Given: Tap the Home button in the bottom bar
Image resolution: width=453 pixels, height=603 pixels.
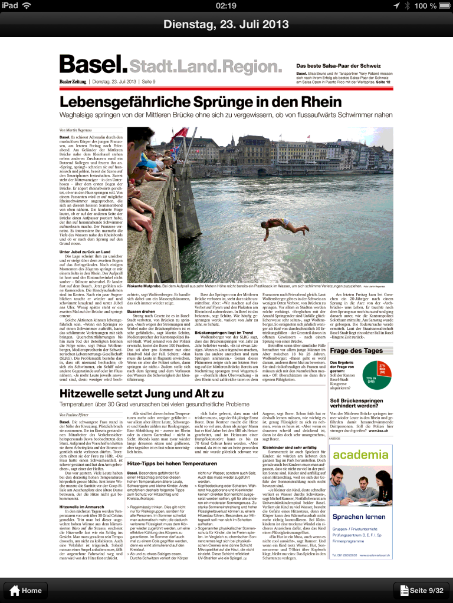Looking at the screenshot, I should [x=25, y=590].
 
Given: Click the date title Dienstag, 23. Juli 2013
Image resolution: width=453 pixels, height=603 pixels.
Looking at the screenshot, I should [x=226, y=24].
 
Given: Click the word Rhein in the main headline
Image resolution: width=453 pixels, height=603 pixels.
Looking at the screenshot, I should [x=318, y=101].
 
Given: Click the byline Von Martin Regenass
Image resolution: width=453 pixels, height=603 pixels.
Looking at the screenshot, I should [x=76, y=129].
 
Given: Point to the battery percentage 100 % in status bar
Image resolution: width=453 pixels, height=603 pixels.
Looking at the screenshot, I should [x=424, y=6].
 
